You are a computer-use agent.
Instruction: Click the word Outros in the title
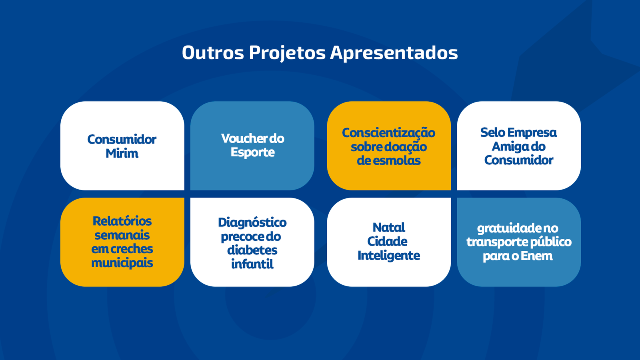point(213,52)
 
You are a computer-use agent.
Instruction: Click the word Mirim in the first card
point(122,154)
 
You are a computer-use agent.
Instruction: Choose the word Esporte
point(252,152)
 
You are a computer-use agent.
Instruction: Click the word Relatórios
point(122,221)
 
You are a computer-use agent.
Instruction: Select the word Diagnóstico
point(252,223)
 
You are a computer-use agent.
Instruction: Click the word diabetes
point(252,250)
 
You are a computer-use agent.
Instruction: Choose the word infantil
point(252,264)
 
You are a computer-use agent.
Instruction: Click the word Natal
point(389,228)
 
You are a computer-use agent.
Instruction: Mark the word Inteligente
point(389,256)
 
